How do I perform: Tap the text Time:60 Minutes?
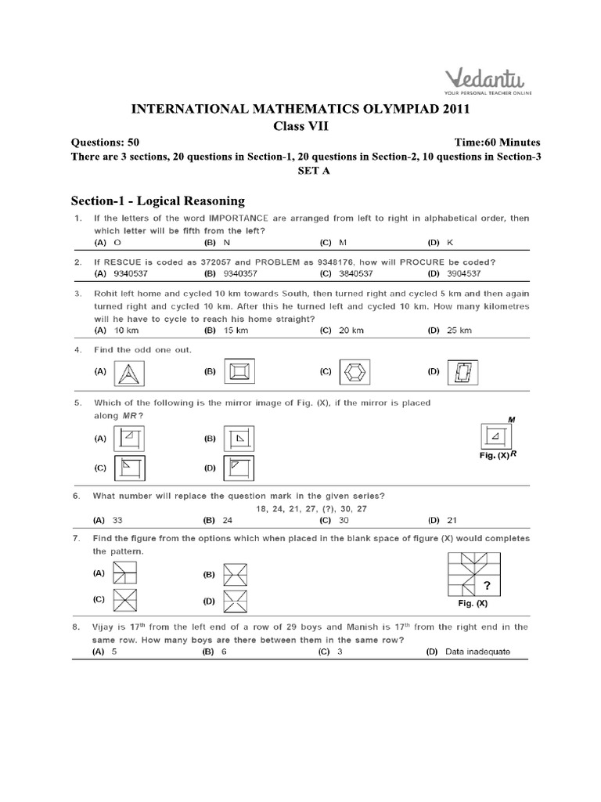point(497,143)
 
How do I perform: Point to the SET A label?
point(301,171)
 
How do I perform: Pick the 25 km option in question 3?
point(458,331)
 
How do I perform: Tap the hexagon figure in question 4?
point(346,372)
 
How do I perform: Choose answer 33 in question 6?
point(118,520)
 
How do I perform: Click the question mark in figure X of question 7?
point(488,585)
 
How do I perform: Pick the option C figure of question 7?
point(126,601)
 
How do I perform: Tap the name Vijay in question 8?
point(105,627)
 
